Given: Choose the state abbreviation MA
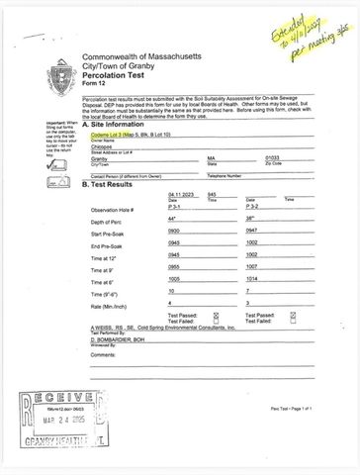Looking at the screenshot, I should pyautogui.click(x=212, y=157).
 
